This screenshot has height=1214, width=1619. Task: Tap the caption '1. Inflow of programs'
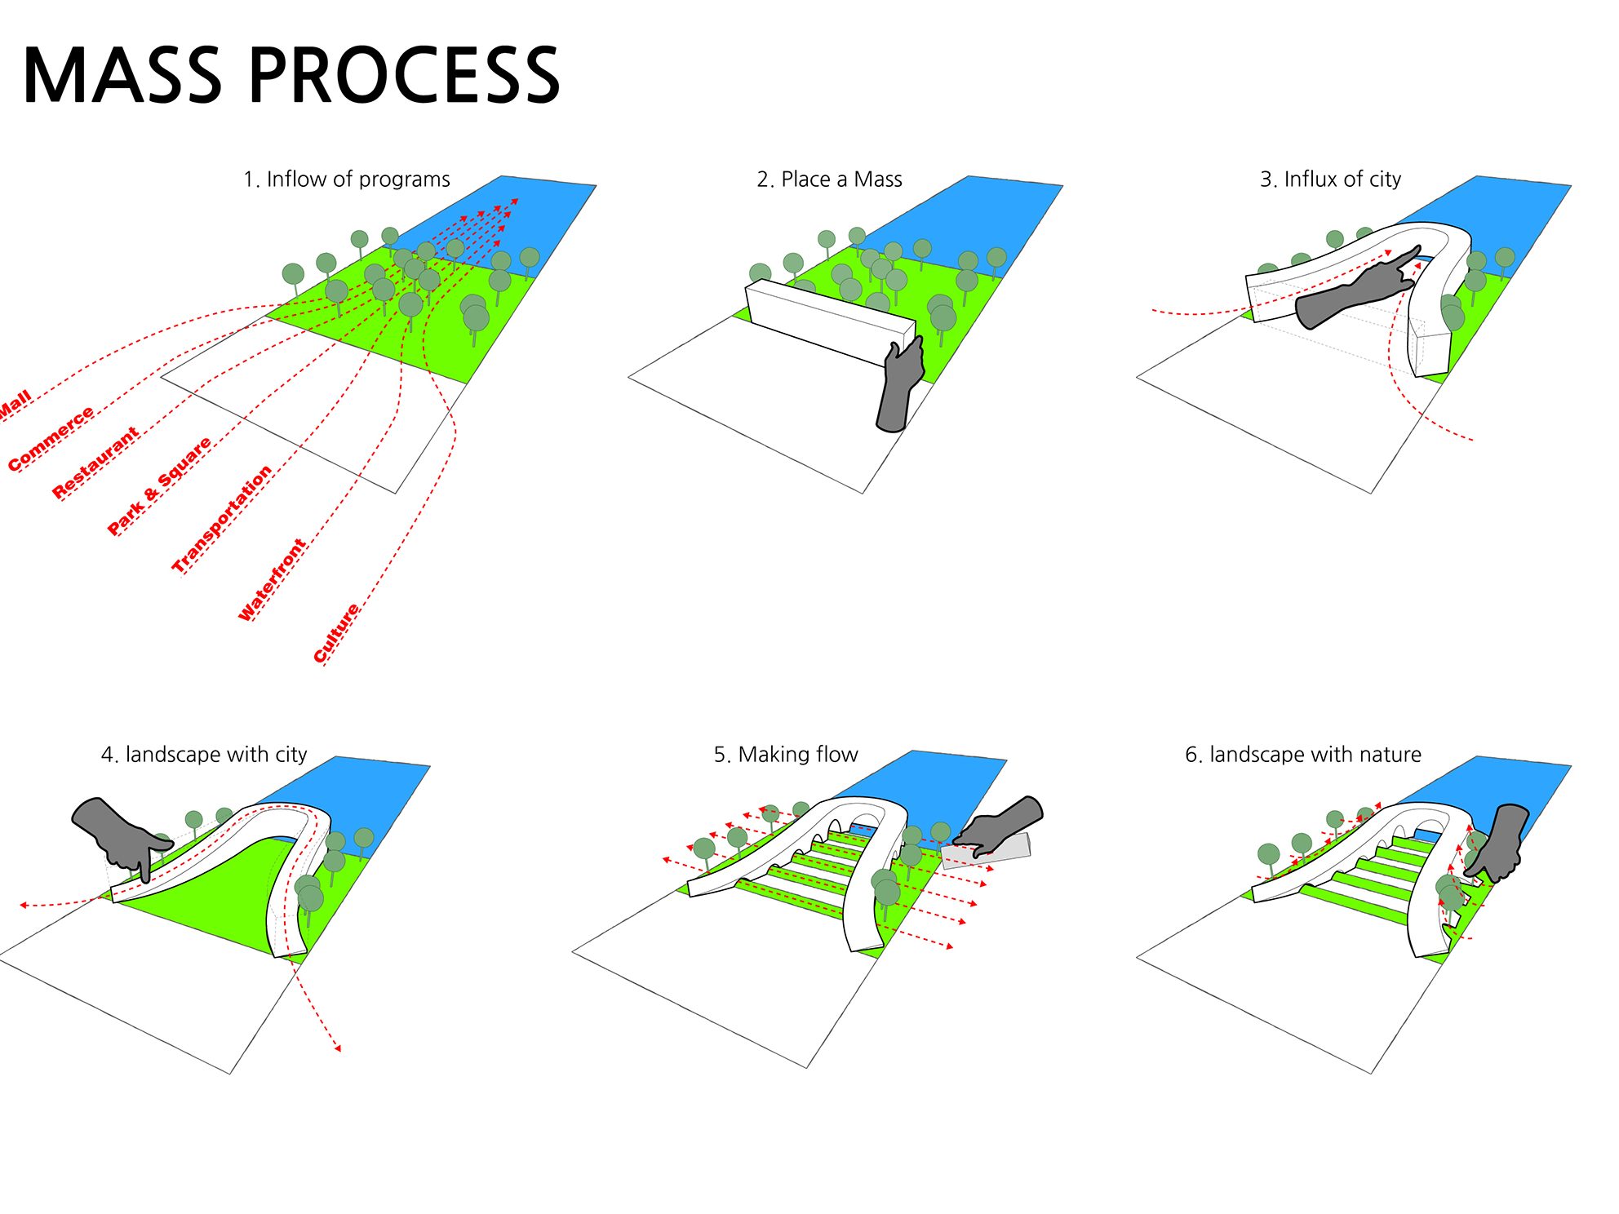346,179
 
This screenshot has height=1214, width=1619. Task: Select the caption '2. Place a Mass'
829,179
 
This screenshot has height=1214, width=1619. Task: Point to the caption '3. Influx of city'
1330,179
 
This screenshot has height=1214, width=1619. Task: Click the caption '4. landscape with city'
204,755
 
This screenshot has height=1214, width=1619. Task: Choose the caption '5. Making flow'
786,755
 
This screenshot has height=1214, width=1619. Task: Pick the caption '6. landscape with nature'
1302,755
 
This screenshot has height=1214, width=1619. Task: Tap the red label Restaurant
95,463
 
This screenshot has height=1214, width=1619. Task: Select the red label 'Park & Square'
159,486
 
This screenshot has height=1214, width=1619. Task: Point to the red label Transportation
221,519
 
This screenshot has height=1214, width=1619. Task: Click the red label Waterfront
272,580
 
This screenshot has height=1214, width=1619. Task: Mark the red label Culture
336,633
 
